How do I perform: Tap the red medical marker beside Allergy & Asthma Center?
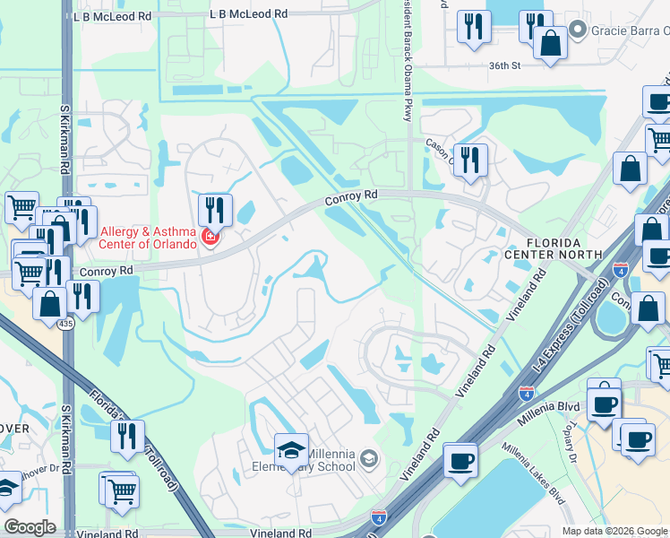click(x=210, y=238)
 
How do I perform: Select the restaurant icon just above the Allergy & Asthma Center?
click(x=215, y=211)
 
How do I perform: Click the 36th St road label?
click(x=505, y=65)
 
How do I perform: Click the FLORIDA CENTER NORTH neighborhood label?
click(x=565, y=249)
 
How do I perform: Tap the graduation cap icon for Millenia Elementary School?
click(x=291, y=450)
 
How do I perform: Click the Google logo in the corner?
click(x=30, y=527)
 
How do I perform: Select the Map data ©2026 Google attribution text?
click(x=614, y=531)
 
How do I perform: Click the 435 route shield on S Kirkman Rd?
click(x=67, y=325)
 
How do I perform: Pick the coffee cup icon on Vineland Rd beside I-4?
click(x=460, y=461)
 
